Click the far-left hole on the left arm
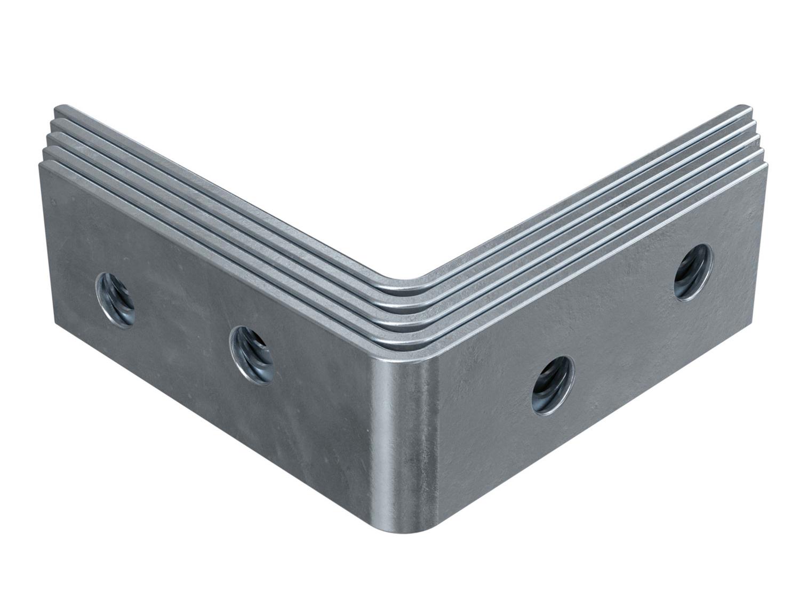(115, 300)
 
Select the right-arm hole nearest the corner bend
(553, 383)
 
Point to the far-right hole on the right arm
(692, 272)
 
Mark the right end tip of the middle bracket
(756, 137)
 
